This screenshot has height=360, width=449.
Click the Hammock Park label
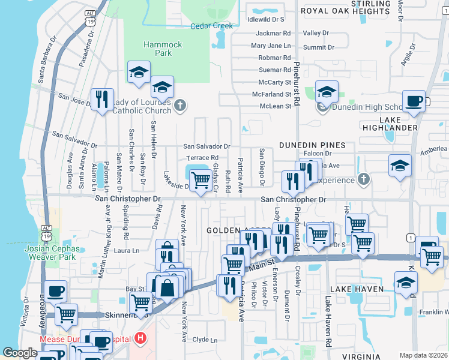157,49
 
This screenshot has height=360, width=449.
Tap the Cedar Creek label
211,26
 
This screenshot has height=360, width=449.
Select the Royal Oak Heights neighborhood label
340,11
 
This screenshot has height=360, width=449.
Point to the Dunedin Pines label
312,145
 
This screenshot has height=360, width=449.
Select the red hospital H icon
140,339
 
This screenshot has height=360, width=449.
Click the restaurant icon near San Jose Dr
101,99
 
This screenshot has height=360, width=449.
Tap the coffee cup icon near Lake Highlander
413,101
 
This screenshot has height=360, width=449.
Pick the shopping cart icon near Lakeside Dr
200,179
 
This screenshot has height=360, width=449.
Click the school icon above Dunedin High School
327,91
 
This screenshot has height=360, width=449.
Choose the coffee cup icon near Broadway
56,291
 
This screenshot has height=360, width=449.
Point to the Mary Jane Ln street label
271,46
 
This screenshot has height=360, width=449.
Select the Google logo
20,353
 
